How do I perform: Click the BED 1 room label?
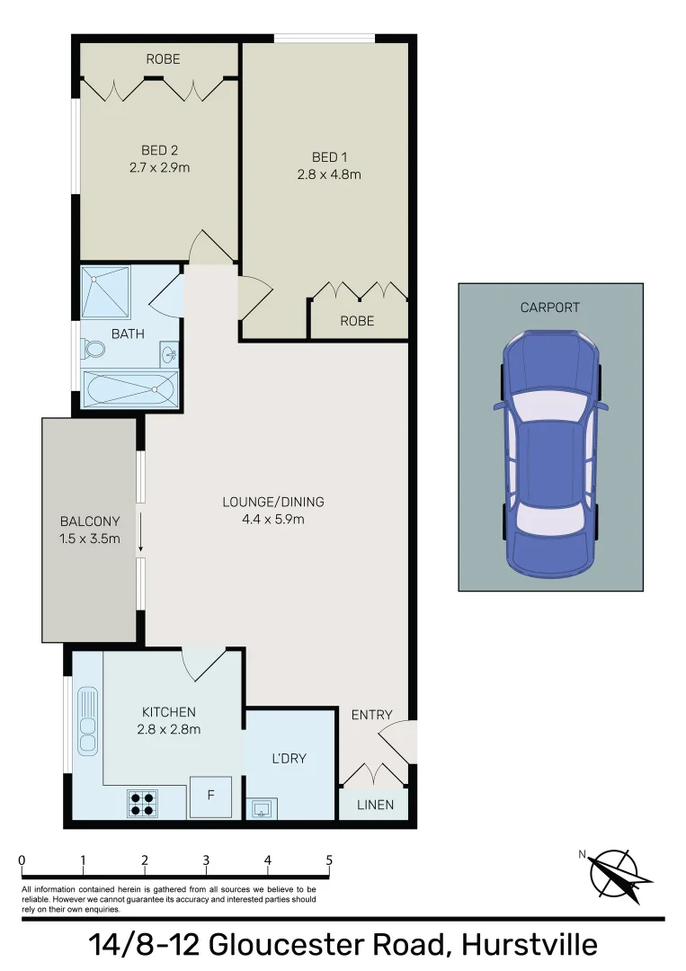[329, 157]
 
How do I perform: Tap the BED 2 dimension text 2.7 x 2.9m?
[160, 167]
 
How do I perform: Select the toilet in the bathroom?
[94, 349]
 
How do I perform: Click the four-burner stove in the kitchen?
[142, 803]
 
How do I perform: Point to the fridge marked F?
[210, 796]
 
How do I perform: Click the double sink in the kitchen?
[87, 720]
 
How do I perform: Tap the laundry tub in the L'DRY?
[262, 809]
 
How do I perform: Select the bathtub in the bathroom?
[129, 389]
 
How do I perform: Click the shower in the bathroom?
[106, 293]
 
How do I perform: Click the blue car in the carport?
[550, 453]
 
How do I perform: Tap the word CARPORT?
[550, 307]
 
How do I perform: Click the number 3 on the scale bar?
[206, 860]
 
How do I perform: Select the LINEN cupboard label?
[375, 805]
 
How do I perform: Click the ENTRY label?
[371, 715]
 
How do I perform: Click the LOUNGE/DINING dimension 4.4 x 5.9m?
[273, 519]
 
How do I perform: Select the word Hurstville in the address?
[530, 945]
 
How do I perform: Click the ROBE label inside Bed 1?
[357, 321]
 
